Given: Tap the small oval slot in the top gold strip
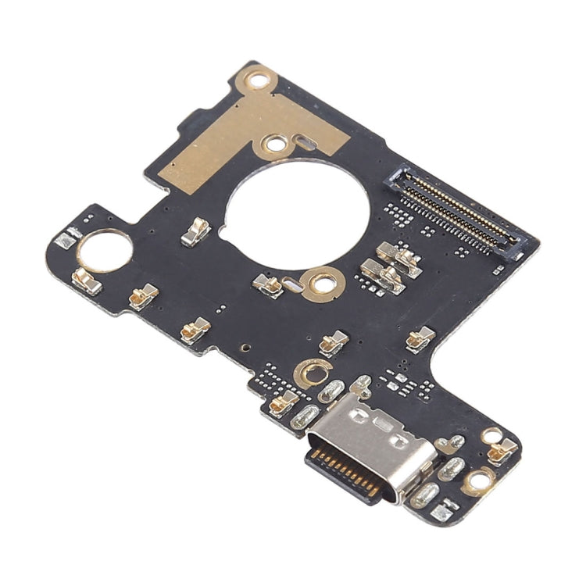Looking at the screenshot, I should [303, 143].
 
